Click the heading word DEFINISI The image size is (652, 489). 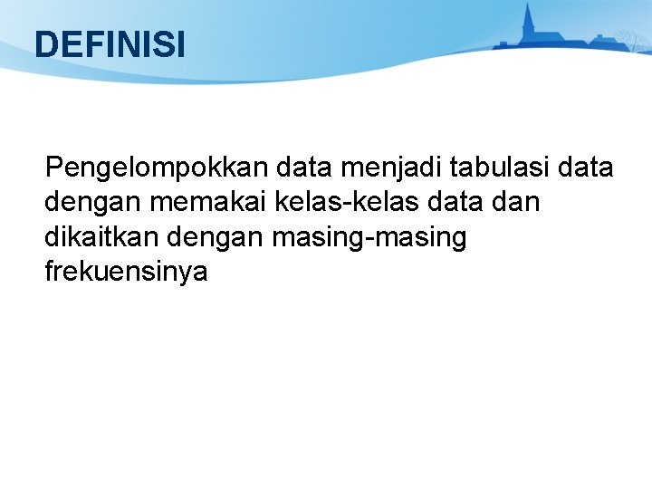[x=110, y=44]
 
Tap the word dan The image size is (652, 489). [x=519, y=203]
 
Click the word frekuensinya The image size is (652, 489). [x=126, y=272]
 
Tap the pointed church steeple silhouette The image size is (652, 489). [x=529, y=24]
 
